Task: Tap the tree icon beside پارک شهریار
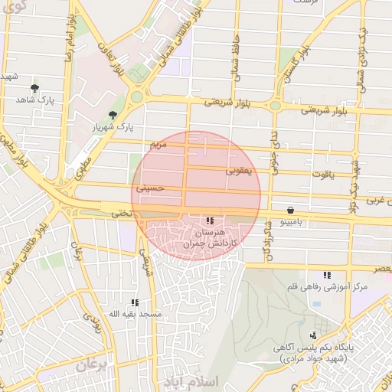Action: pos(113,114)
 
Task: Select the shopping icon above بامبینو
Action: pos(290,210)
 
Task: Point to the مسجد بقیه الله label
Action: pos(135,314)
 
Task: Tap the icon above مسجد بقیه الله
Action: pos(135,302)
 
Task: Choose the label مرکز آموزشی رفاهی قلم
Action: pos(327,286)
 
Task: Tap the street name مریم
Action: pos(158,144)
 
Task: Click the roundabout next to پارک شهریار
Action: pos(138,97)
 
